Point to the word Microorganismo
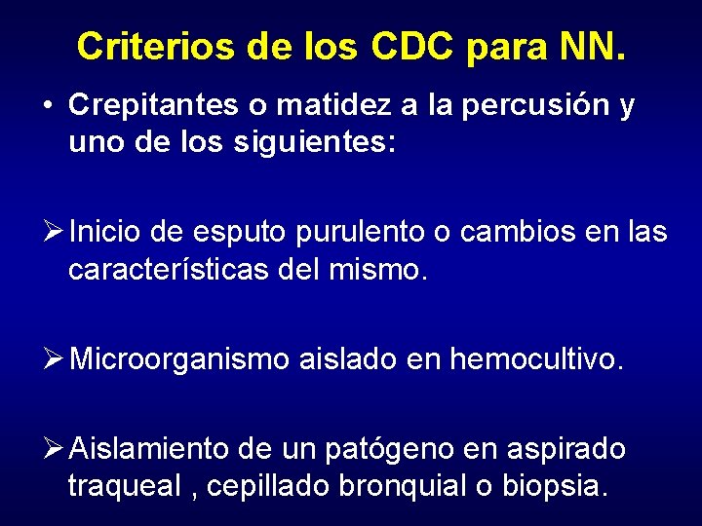pos(179,359)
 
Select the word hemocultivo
pos(534,359)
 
